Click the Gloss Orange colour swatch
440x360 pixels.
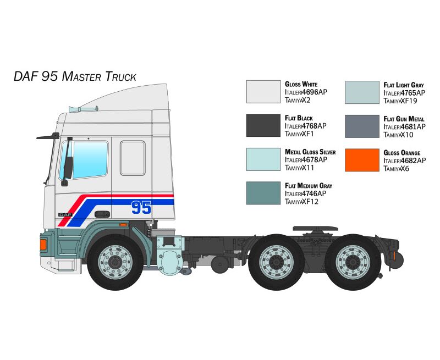[x=362, y=160]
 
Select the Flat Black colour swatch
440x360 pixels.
[x=263, y=125]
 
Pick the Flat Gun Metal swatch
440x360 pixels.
[x=362, y=126]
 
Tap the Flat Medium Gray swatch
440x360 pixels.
[x=263, y=193]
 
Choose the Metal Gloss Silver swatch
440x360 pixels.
[x=263, y=159]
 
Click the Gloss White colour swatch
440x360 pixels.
[x=263, y=92]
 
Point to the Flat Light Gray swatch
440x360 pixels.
[x=362, y=92]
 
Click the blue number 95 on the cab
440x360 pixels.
[x=141, y=207]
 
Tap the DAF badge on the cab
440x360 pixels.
[x=65, y=215]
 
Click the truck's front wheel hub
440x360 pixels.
[x=115, y=262]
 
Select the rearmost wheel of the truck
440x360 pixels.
[x=353, y=262]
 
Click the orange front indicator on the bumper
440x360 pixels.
[x=43, y=245]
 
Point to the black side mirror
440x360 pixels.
[x=68, y=168]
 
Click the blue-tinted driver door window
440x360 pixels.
[x=84, y=160]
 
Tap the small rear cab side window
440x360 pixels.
[x=133, y=158]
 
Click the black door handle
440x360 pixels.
[x=102, y=214]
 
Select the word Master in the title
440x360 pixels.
[x=81, y=76]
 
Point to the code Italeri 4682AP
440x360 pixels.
[x=405, y=160]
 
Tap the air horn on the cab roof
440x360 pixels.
[x=84, y=109]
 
